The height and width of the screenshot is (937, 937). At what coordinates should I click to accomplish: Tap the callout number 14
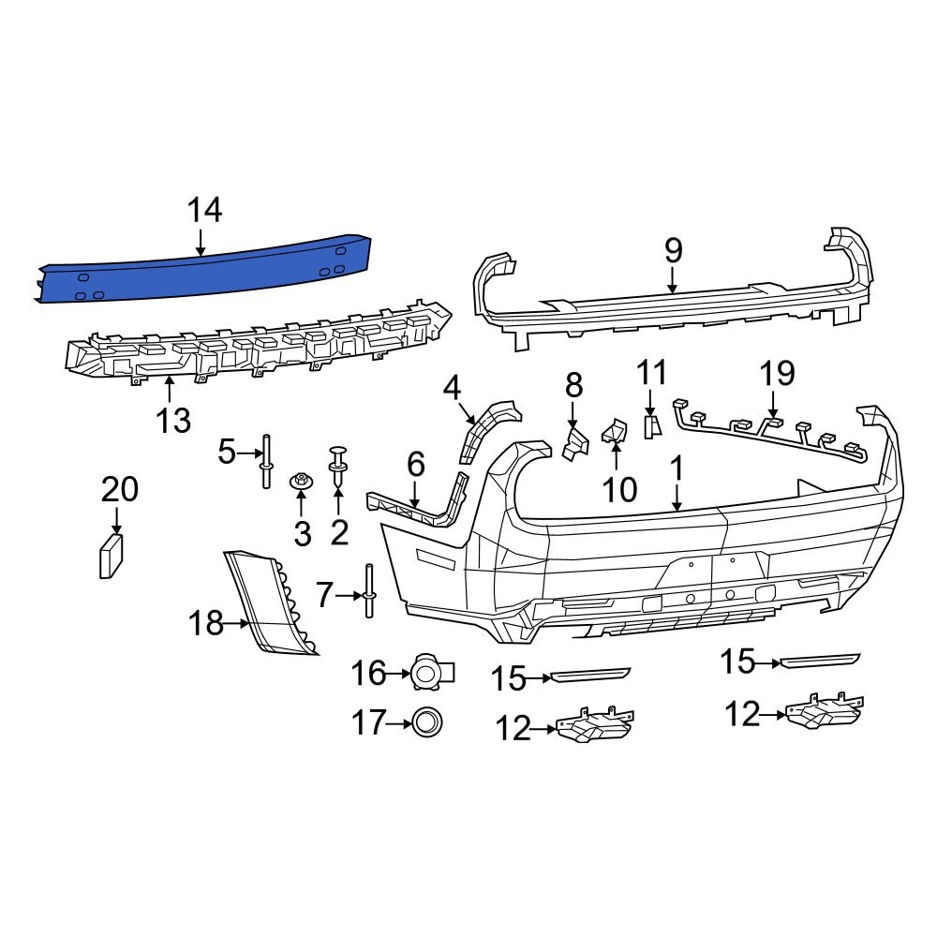point(203,211)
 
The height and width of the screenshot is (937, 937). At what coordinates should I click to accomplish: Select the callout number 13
point(173,421)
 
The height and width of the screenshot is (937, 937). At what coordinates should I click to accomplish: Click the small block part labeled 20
point(111,558)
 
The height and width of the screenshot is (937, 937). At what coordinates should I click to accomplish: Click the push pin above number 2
point(338,466)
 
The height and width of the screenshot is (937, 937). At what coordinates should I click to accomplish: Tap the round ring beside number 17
point(426,721)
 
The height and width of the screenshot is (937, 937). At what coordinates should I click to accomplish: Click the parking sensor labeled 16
point(429,672)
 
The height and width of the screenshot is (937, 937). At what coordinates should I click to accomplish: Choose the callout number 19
point(777,374)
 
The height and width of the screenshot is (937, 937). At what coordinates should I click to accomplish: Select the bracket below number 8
point(573,442)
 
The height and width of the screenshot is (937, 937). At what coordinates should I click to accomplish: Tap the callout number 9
point(673,251)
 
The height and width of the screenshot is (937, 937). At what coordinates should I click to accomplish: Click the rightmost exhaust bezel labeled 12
point(825,711)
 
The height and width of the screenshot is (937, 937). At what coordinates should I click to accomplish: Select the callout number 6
point(416,464)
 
